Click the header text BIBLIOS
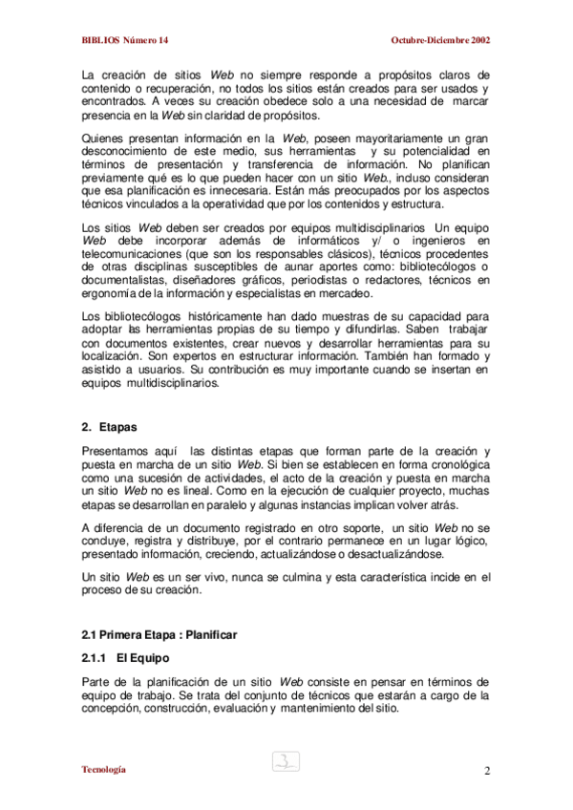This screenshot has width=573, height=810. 100,41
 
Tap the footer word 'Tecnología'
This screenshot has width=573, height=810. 104,770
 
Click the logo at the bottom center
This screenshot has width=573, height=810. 286,761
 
